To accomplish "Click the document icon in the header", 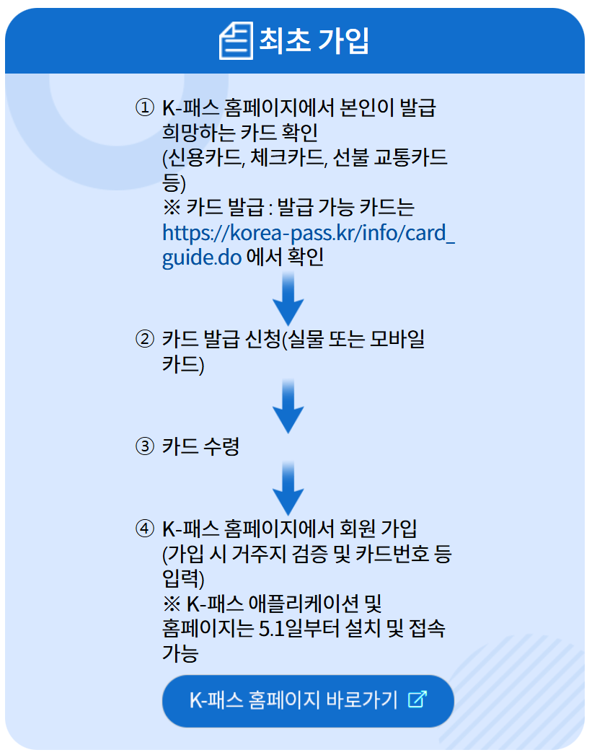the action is [x=236, y=40].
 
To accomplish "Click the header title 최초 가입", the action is [x=314, y=41].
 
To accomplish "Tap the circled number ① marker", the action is [x=144, y=108].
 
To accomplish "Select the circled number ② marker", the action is [x=144, y=339].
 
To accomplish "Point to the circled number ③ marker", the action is [x=144, y=446].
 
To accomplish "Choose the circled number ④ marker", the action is [x=144, y=529].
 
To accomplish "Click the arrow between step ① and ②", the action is [x=288, y=299].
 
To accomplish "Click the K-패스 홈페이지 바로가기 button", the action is [x=308, y=700].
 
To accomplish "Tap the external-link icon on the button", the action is [x=417, y=699].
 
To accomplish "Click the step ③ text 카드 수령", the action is [x=200, y=446].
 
